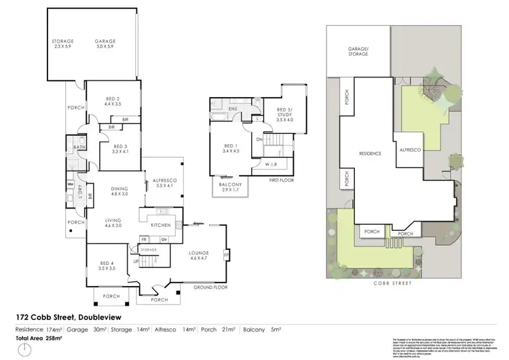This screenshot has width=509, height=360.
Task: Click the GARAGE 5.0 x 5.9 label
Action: [105, 43]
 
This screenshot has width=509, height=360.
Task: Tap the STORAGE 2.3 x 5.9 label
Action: [63, 43]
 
